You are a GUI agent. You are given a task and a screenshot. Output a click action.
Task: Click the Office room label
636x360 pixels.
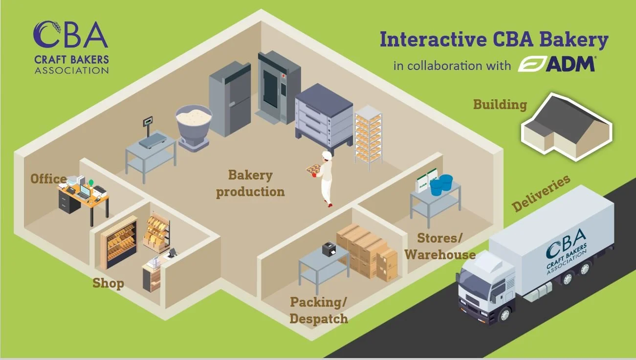48,179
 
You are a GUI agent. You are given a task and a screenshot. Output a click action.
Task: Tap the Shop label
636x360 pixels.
108,283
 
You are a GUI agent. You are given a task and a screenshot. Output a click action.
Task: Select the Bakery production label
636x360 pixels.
250,183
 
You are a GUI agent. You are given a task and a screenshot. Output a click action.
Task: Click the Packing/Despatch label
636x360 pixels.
318,310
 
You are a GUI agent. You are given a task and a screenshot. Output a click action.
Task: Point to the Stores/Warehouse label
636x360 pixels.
439,246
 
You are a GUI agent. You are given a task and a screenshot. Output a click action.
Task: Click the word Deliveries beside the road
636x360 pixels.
541,193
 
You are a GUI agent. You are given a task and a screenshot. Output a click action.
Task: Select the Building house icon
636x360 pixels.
566,126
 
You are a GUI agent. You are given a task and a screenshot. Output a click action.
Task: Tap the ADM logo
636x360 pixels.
557,65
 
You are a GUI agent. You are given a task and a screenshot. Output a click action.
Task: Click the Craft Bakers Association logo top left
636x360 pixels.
71,47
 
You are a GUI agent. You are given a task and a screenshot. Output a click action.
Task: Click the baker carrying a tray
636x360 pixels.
325,179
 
